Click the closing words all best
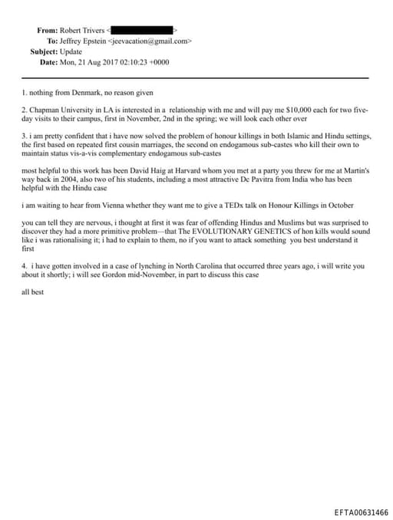[34, 294]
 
